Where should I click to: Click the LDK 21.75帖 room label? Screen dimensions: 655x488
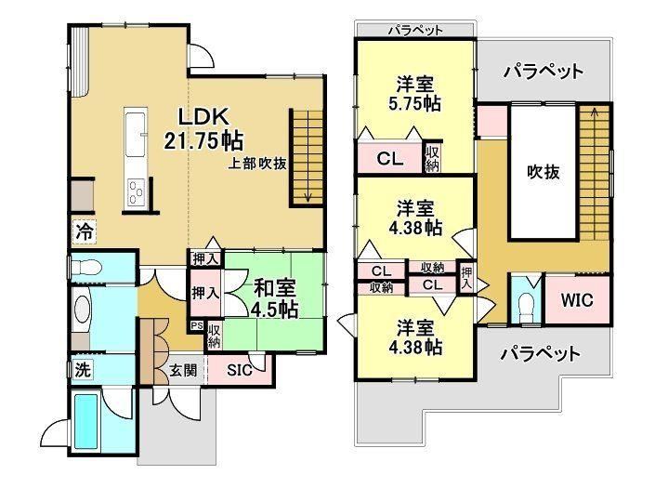203,128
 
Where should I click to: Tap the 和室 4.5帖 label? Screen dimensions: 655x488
274,298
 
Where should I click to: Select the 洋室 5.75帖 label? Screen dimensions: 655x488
414,94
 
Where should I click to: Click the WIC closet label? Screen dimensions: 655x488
577,300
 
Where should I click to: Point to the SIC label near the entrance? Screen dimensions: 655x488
240,370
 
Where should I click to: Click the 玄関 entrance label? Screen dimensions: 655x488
183,370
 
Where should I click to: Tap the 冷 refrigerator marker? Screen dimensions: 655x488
85,231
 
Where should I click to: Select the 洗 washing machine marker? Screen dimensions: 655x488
82,369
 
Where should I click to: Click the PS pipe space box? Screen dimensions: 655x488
196,325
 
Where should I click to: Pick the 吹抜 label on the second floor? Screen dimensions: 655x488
544,172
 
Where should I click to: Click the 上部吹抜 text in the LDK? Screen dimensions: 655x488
257,164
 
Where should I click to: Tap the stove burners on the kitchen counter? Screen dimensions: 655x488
136,192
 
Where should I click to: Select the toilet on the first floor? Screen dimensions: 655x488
85,266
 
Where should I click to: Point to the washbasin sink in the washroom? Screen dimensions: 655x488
82,310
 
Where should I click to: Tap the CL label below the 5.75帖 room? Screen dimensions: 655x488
389,158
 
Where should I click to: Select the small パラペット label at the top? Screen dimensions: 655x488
415,30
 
